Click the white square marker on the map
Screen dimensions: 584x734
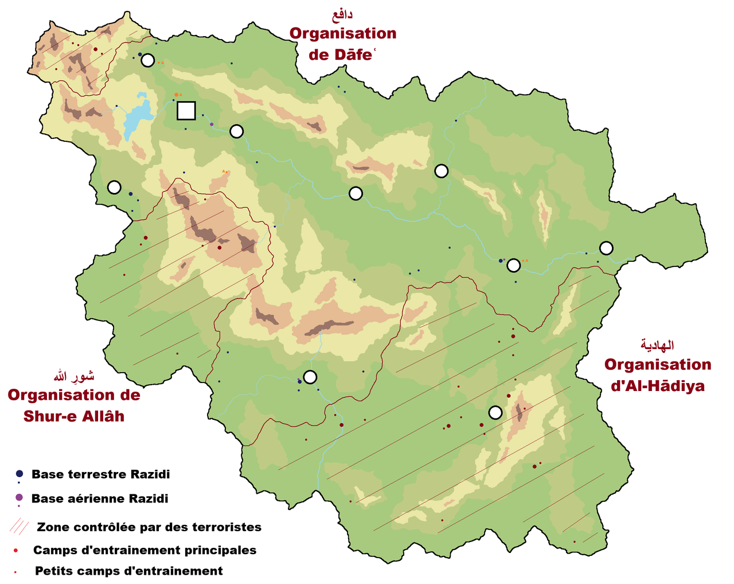point(186,110)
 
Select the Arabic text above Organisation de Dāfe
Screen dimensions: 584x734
point(342,15)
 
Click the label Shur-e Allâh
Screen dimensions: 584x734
point(74,416)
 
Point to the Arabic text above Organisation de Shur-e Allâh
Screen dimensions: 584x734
point(74,377)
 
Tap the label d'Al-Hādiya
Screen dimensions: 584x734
point(658,386)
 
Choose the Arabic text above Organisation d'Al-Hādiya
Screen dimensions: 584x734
point(658,345)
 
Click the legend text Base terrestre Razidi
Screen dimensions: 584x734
point(101,474)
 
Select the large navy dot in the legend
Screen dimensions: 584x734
point(19,474)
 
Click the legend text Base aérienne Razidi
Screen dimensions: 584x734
point(100,498)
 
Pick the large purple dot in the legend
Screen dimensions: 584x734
point(19,497)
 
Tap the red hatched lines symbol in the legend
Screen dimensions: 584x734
point(19,526)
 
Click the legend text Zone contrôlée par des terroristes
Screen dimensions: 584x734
point(149,527)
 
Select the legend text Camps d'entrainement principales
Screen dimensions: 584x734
point(145,550)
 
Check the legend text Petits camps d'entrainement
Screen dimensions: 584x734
point(129,571)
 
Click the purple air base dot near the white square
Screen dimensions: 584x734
point(212,124)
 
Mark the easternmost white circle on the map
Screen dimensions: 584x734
point(606,248)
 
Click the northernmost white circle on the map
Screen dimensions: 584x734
point(148,60)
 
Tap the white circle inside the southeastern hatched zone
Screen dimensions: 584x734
point(495,412)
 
